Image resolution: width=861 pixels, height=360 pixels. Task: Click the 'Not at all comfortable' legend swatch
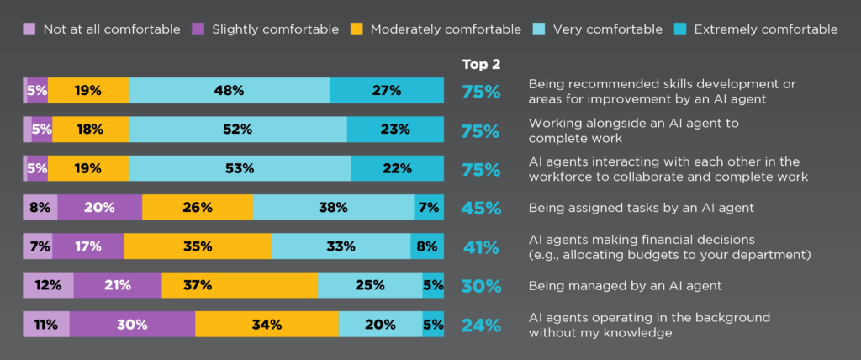click(29, 29)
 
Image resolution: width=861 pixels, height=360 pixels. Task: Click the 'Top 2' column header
click(480, 64)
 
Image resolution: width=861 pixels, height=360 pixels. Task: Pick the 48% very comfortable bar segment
click(229, 90)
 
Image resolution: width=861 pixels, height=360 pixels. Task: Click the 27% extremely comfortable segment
click(387, 90)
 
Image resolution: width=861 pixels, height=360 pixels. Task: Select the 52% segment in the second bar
click(237, 129)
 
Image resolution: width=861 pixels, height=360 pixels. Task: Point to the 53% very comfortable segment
click(240, 168)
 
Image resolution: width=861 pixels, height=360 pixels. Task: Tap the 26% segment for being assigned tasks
click(198, 207)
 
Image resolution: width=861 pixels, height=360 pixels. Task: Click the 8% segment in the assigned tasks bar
click(40, 207)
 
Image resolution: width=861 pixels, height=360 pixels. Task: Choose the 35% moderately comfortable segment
click(198, 246)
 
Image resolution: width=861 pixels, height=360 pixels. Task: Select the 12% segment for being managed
click(48, 285)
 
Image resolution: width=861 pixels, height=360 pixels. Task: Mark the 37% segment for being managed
click(240, 285)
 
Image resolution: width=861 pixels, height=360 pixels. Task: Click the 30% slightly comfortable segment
click(132, 325)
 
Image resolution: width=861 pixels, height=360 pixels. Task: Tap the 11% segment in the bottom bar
click(46, 325)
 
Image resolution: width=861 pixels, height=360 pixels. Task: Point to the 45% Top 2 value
click(481, 208)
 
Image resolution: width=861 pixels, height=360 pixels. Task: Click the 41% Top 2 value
click(481, 247)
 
